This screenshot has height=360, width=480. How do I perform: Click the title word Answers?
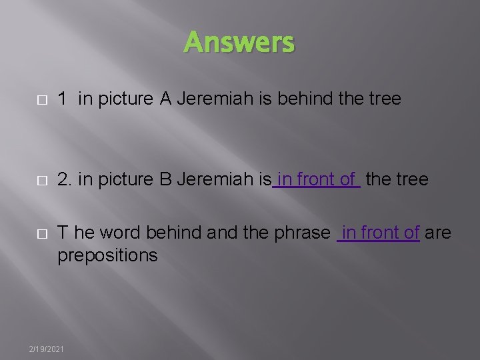point(239,43)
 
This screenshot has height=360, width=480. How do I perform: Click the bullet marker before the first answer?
point(42,100)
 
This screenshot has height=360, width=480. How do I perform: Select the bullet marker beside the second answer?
point(42,180)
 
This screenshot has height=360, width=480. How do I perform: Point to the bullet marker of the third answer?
point(42,233)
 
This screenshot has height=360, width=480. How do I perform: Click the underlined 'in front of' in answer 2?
point(317,179)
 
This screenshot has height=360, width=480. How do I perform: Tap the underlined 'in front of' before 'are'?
point(379,233)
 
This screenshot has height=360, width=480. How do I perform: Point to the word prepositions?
point(107,255)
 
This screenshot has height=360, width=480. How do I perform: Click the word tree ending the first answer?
point(385,99)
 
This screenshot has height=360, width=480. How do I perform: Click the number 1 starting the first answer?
point(62,99)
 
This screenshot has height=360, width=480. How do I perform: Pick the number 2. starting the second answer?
point(65,179)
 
